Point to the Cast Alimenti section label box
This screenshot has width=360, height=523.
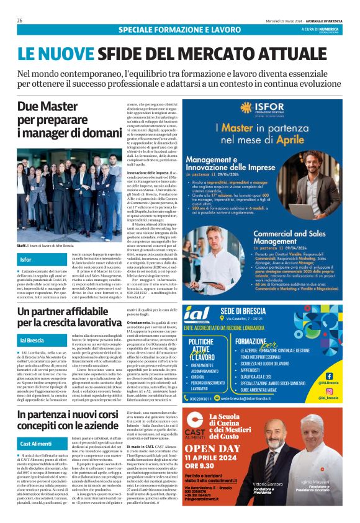tap(35, 444)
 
